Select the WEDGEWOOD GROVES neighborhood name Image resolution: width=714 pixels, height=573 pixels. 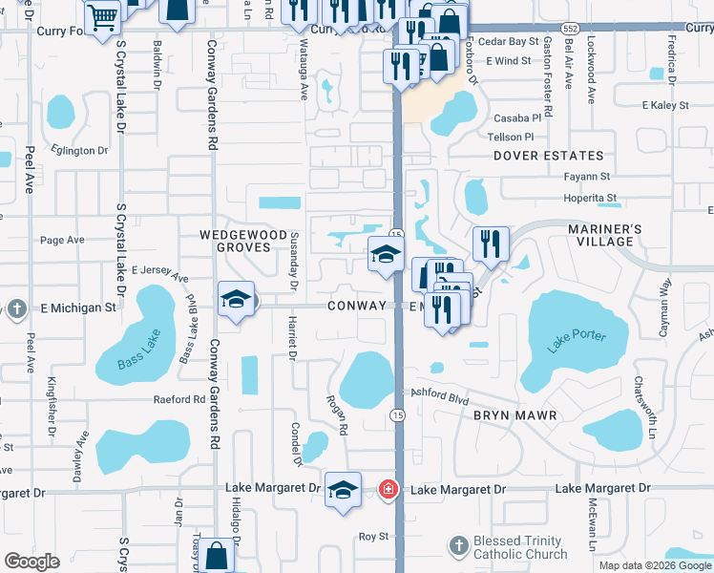click(242, 242)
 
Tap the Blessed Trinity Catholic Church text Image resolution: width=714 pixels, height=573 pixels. click(520, 547)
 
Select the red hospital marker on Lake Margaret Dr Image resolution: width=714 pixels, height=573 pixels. click(388, 490)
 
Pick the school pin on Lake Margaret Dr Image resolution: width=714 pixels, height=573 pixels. click(343, 489)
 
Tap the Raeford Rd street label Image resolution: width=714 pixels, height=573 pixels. click(179, 400)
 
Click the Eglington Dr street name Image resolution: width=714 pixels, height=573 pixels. click(81, 150)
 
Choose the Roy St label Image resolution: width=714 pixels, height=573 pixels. click(373, 537)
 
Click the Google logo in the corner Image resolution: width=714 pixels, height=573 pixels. click(32, 562)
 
